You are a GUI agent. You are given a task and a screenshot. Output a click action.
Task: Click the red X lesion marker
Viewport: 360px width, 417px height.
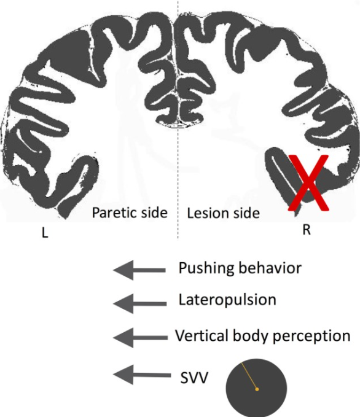click(x=308, y=183)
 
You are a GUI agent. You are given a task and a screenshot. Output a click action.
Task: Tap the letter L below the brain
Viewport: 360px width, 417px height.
click(x=45, y=233)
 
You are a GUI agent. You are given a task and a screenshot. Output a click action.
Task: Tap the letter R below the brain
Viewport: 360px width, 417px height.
click(x=307, y=230)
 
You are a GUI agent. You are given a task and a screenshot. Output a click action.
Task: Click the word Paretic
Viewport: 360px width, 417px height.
click(x=115, y=212)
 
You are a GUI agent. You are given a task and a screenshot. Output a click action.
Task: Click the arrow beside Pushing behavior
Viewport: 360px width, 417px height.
click(x=139, y=270)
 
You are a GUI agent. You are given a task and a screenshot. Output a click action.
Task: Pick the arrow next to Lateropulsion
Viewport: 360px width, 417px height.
click(x=139, y=304)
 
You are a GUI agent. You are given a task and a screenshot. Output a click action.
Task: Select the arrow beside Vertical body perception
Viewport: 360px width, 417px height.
click(x=140, y=338)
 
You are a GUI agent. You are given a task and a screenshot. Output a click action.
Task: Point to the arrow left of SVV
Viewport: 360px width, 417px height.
click(x=142, y=375)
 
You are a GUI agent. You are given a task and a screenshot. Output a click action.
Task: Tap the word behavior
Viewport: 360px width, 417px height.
click(x=270, y=268)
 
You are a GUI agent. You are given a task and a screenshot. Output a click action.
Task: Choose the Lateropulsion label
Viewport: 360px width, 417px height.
click(x=227, y=300)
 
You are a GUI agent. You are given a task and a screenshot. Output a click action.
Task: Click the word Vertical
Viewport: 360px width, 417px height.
click(x=202, y=335)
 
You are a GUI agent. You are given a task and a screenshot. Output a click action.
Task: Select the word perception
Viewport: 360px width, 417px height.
click(x=311, y=337)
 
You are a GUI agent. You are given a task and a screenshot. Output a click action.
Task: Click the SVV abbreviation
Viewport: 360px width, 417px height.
click(x=194, y=378)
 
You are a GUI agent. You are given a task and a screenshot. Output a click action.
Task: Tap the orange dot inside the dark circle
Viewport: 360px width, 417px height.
click(x=257, y=389)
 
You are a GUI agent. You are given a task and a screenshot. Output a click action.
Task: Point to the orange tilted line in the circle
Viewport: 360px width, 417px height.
click(x=249, y=375)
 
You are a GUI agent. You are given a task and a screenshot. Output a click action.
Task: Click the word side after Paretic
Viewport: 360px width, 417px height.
click(x=155, y=212)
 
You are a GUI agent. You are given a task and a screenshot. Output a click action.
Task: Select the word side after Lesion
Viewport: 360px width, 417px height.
click(x=246, y=213)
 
